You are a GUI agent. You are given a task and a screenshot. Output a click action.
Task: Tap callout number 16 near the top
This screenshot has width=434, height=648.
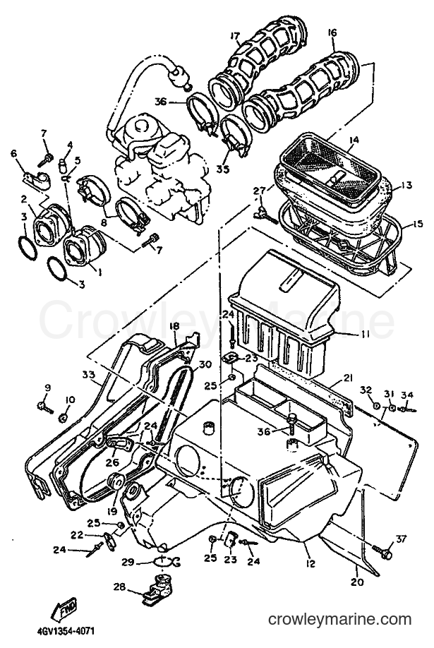332,32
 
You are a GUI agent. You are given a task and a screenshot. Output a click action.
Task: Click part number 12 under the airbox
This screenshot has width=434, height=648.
311,563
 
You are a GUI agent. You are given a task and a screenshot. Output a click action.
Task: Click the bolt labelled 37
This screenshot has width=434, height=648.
382,551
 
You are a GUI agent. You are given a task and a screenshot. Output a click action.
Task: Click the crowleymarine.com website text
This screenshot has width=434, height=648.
339,620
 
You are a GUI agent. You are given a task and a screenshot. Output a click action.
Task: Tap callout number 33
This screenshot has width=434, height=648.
88,376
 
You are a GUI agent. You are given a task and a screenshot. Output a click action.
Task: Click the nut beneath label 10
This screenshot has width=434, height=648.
64,419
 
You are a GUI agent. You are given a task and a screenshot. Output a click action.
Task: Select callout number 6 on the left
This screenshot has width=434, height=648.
14,153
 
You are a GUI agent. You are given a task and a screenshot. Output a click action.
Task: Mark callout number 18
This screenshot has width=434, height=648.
174,326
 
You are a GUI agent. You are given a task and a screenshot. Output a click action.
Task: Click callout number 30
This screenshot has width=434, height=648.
205,364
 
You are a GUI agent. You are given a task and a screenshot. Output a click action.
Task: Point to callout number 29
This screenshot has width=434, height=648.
128,563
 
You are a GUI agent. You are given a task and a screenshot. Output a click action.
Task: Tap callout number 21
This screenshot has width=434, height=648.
348,378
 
